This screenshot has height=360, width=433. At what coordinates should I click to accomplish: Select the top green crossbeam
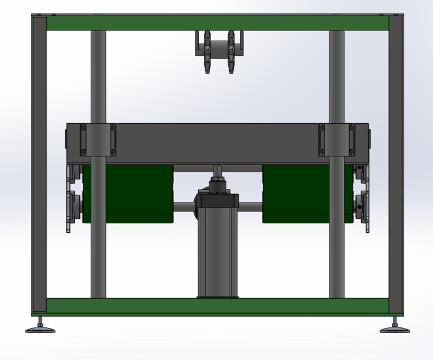tap(217, 23)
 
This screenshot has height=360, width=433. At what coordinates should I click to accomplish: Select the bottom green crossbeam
tap(217, 305)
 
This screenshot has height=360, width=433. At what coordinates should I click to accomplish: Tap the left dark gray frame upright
tap(39, 163)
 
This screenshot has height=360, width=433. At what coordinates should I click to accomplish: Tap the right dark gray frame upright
tap(396, 163)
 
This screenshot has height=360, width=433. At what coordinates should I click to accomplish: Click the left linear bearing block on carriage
tap(99, 139)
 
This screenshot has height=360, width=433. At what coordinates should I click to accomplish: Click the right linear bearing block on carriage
tap(337, 139)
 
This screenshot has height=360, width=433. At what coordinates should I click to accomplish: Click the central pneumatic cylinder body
tap(217, 253)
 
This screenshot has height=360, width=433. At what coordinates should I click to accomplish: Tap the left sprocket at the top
tap(207, 52)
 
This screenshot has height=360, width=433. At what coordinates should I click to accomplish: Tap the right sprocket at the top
tap(231, 52)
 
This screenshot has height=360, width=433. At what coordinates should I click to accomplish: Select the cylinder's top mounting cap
tap(217, 201)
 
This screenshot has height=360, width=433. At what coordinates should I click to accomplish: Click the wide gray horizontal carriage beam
tap(217, 143)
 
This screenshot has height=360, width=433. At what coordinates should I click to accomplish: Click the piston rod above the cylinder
tap(217, 169)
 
